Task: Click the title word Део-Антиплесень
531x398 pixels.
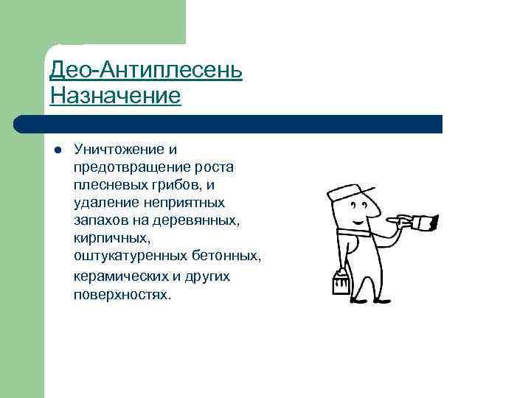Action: tap(145, 71)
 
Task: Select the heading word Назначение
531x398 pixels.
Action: tap(115, 97)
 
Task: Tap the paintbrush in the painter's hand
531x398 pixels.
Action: tap(424, 220)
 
